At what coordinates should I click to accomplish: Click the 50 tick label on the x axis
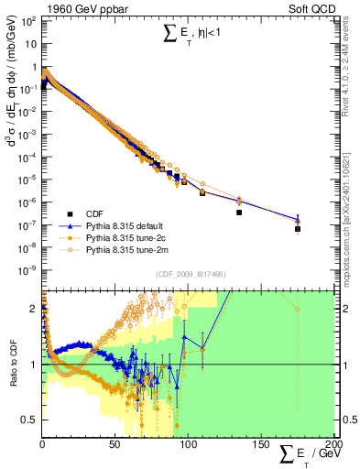click(x=115, y=445)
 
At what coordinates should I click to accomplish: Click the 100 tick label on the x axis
click(x=188, y=445)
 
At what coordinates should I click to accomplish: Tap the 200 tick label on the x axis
click(x=332, y=445)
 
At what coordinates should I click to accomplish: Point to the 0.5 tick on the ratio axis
click(x=29, y=420)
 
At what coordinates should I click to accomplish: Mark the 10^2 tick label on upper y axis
click(x=27, y=19)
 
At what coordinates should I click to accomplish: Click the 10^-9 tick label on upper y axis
click(x=27, y=270)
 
